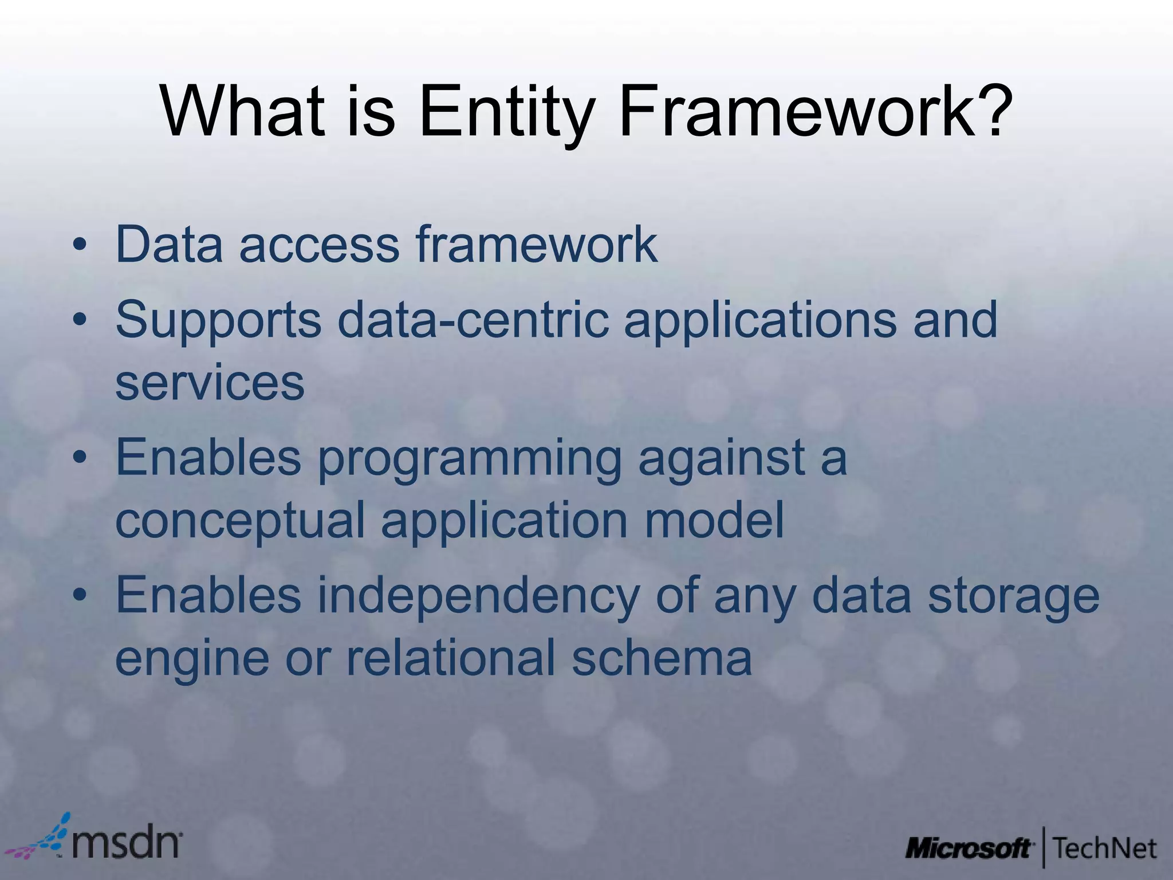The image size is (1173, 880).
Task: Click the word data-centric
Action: pos(477,320)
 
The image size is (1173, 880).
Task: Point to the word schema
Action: pos(662,658)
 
